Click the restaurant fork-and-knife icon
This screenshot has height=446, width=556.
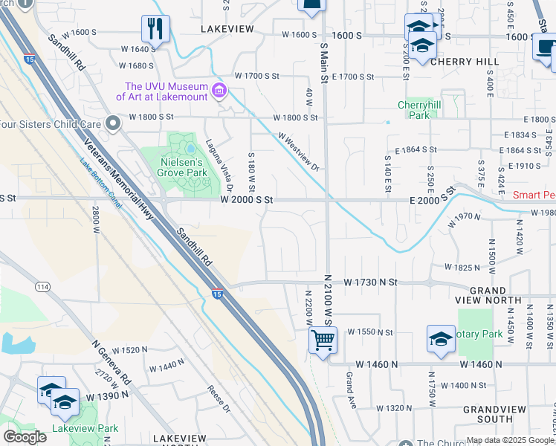point(155,29)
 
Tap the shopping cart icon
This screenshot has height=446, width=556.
point(323,340)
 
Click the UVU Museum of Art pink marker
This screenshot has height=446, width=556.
point(219,91)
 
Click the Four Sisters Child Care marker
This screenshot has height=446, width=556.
point(113,123)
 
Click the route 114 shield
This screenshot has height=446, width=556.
point(42,287)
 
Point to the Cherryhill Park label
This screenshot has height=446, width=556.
point(414,110)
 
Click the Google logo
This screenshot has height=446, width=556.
point(25,436)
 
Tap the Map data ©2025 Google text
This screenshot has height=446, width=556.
point(510,440)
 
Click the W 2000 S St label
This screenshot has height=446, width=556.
point(247,200)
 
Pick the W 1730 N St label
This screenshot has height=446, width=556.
point(371,283)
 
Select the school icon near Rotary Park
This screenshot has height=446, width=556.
point(441,339)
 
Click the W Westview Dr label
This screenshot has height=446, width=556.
point(299,151)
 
